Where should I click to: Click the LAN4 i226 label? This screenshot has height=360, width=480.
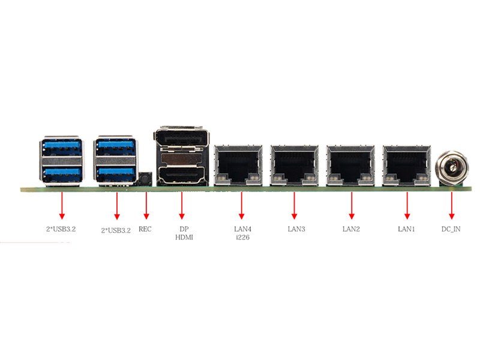(241, 233)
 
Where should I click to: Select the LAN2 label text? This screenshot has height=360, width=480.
(351, 229)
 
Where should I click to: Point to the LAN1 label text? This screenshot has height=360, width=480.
(407, 229)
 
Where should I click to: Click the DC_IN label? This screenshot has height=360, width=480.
(451, 229)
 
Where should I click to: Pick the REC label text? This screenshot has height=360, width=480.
(145, 229)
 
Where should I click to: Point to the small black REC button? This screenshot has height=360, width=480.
(145, 179)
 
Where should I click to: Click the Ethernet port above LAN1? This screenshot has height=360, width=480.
(407, 165)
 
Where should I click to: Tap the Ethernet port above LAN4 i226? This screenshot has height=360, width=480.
(238, 165)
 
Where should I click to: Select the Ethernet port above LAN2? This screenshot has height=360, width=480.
(351, 165)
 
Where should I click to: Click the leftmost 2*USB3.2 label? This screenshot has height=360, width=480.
(61, 229)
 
